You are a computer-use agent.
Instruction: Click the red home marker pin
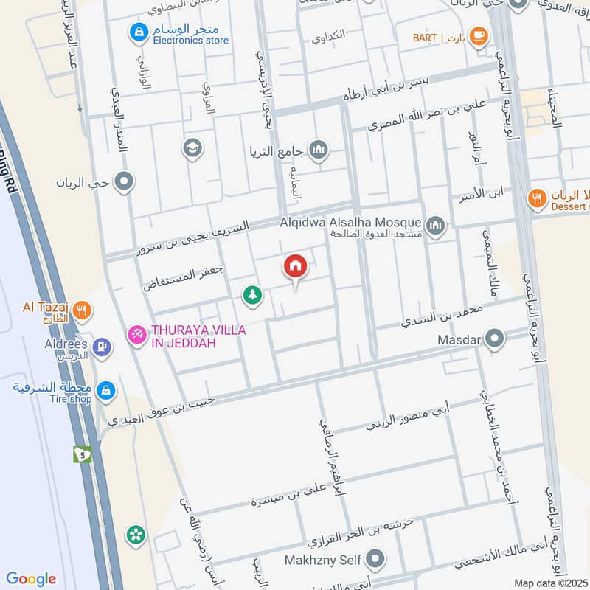coord(295,266)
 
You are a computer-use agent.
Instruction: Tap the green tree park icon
coord(252,295)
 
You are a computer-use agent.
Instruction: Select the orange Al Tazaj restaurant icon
coord(83,310)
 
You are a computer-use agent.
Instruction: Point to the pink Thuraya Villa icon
coord(136,336)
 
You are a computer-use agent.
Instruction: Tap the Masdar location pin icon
coord(496,340)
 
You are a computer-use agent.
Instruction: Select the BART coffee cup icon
coord(479,35)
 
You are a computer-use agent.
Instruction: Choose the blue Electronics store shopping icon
coord(137,32)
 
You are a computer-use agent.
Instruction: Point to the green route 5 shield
coord(81,454)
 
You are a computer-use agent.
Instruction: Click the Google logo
coord(31,579)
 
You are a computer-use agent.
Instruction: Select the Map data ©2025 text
coord(552,583)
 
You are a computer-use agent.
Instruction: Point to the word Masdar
coord(459,340)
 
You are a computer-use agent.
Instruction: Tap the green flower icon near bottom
coord(135,534)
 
